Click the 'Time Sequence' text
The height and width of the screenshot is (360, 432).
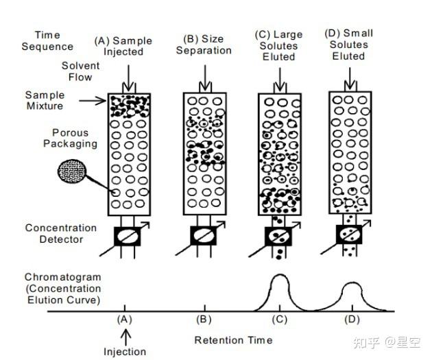point(47,40)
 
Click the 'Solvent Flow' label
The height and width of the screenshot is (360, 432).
point(80,71)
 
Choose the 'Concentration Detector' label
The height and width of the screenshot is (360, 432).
point(61,233)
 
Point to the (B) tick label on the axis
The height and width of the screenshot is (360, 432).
point(203,320)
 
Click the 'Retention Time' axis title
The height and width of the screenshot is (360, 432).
point(233,340)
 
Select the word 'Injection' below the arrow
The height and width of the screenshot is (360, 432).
point(125,352)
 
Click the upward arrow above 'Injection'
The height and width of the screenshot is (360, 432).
point(125,336)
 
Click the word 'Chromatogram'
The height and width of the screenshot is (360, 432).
point(62,277)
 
